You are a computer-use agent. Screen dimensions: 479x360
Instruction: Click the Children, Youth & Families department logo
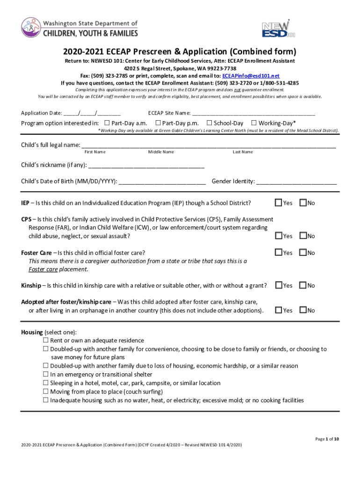point(79,28)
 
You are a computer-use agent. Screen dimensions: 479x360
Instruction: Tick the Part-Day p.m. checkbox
point(158,123)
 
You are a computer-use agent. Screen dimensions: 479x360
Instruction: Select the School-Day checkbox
point(209,123)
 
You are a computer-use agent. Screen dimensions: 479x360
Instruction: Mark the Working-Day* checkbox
point(254,123)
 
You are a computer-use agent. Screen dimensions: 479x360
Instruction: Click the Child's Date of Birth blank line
point(162,181)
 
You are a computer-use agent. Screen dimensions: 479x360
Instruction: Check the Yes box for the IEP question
point(279,203)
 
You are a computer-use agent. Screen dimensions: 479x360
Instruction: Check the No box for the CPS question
point(303,236)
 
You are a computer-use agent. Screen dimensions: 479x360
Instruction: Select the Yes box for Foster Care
point(279,253)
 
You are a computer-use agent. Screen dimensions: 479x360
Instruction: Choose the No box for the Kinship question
point(303,285)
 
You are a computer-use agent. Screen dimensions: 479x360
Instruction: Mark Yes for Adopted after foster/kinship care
point(279,310)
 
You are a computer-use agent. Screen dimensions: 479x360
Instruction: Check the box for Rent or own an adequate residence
point(46,341)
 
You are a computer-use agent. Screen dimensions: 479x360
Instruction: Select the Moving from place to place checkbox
point(46,392)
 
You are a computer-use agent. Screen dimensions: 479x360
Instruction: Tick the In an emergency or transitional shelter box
point(46,375)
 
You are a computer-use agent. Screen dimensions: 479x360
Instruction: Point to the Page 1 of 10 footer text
point(327,439)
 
